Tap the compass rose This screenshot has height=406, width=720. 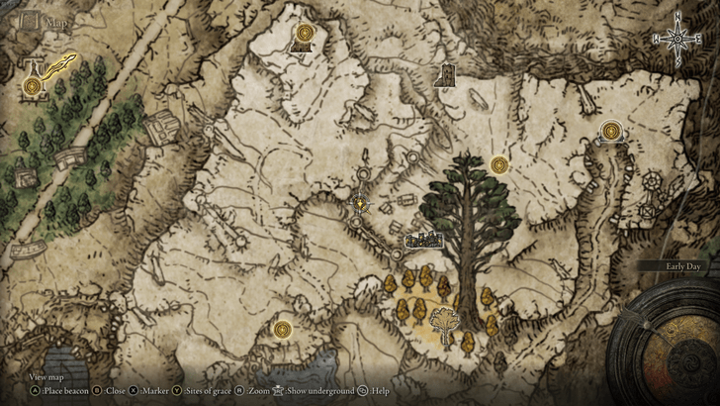(x=677, y=38)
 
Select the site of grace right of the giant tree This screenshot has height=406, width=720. (x=498, y=164)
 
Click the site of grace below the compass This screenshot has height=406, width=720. (x=611, y=130)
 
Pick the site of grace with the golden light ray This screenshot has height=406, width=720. (x=34, y=87)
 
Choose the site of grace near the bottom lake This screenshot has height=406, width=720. (x=284, y=328)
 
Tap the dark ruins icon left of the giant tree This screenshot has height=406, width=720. (x=423, y=239)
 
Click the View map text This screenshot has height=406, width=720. (x=46, y=376)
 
